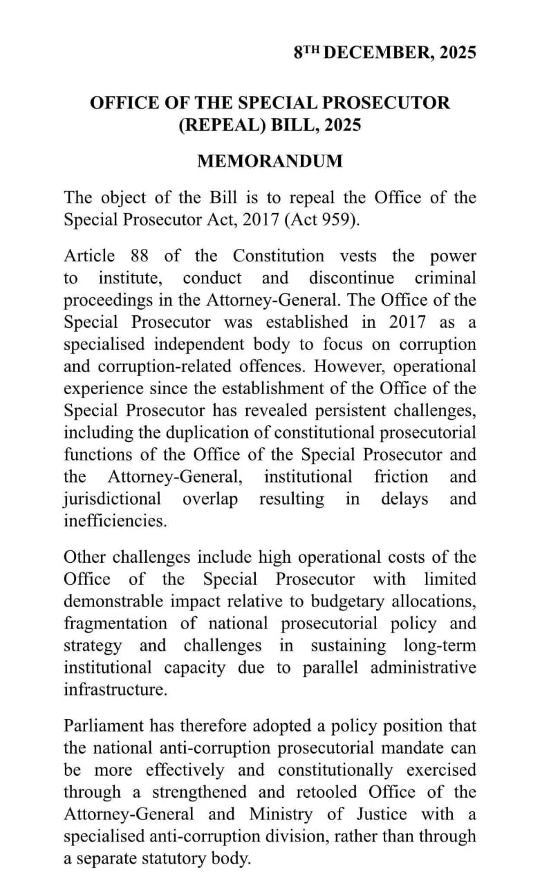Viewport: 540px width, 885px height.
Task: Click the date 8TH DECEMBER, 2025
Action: tap(384, 53)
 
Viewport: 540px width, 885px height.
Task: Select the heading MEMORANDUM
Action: tap(270, 161)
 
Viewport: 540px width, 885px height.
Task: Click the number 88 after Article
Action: tap(139, 256)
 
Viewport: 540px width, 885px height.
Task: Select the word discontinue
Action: tap(351, 278)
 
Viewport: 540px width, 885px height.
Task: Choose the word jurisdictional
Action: tap(113, 499)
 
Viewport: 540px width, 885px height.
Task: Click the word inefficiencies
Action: tap(115, 521)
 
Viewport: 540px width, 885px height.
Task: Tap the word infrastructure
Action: tap(115, 690)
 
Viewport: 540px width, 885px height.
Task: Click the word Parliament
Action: tap(102, 726)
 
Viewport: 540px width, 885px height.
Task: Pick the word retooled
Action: tap(323, 792)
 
